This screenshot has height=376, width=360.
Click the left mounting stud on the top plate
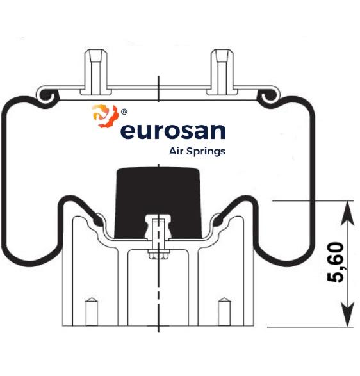(x=95, y=72)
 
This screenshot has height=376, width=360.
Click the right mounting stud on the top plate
(x=222, y=72)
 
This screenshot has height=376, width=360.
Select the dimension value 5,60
(x=336, y=263)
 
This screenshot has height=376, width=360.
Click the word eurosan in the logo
(x=173, y=131)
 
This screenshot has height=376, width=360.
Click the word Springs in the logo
(x=206, y=152)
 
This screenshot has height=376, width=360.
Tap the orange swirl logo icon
(x=106, y=116)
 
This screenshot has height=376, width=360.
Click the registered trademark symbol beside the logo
(x=124, y=111)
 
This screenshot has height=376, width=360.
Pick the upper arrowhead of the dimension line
(x=348, y=213)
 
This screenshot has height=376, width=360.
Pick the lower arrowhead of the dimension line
(x=348, y=314)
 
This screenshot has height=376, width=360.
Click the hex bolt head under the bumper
(x=158, y=255)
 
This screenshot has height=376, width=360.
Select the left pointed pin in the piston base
(x=92, y=312)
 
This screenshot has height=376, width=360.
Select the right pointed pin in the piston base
(x=224, y=312)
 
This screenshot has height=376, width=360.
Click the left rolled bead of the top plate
(x=47, y=96)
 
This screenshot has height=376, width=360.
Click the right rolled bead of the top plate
(x=269, y=96)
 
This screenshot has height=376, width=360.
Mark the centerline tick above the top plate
(x=158, y=88)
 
